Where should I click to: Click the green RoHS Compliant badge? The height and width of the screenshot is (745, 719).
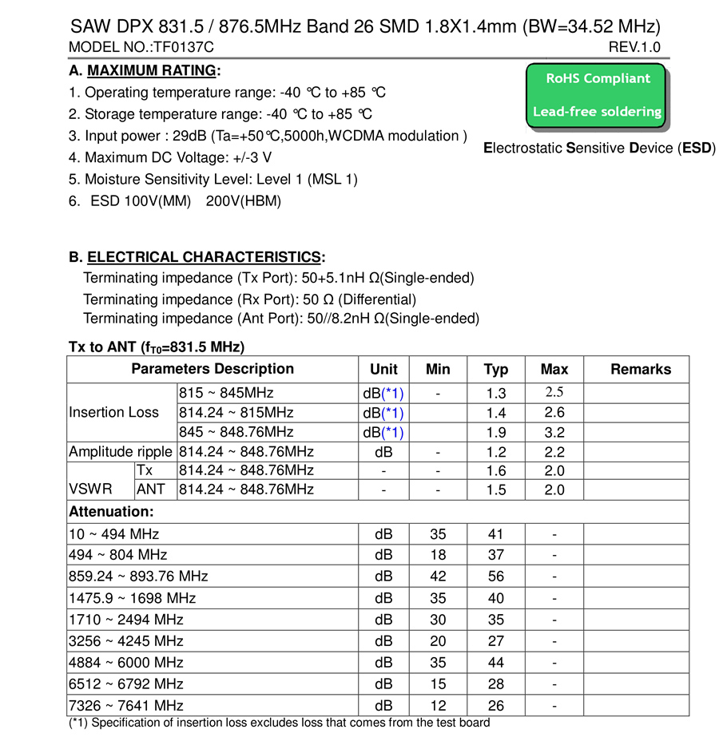(597, 95)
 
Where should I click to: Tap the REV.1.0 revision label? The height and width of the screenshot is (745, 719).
(634, 47)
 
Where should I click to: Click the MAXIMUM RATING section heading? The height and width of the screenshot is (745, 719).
(151, 70)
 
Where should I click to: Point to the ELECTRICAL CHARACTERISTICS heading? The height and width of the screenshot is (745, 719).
(204, 257)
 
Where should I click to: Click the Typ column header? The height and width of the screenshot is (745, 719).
(496, 369)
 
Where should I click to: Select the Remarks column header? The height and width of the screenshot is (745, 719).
(640, 369)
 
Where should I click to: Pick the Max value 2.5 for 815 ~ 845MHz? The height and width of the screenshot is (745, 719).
(554, 393)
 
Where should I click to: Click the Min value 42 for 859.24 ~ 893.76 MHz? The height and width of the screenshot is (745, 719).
(438, 577)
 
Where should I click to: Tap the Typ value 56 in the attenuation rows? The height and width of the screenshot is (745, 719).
(496, 577)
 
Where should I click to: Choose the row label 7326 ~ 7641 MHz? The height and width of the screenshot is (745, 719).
(126, 706)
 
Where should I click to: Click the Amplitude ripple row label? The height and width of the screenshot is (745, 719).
(121, 451)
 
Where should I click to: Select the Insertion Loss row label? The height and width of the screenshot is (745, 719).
(114, 413)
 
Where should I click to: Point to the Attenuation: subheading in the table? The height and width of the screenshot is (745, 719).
(111, 511)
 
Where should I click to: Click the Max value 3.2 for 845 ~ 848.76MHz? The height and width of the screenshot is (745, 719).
(554, 433)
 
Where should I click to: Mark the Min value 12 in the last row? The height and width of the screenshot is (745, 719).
(438, 706)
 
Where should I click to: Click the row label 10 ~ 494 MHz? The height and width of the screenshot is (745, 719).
(114, 534)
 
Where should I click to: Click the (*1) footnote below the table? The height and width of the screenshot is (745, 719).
(279, 723)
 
